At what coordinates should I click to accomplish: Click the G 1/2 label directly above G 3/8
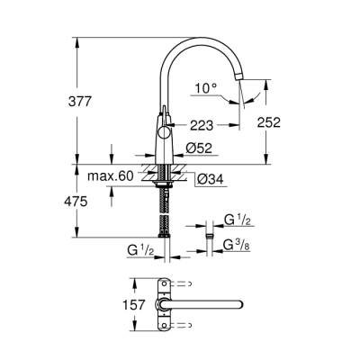pos(237,220)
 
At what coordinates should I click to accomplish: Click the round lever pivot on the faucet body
pos(164,126)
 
